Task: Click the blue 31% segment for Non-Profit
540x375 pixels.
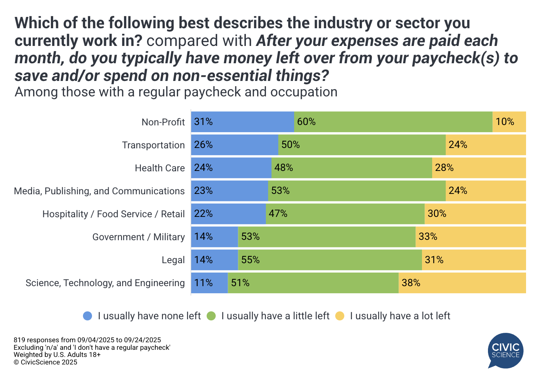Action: (x=242, y=122)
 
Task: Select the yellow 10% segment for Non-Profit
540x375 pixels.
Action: (x=509, y=122)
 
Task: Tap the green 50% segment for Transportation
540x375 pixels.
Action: (x=362, y=145)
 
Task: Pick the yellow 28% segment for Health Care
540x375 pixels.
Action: (x=479, y=168)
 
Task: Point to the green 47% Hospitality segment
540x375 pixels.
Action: (x=345, y=214)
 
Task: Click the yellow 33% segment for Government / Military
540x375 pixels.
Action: (x=470, y=237)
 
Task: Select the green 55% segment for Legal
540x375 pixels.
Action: (x=330, y=260)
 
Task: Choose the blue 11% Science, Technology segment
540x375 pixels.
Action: (x=209, y=283)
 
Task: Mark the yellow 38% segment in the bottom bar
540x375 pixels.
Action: (x=462, y=283)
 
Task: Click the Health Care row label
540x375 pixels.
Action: (x=160, y=168)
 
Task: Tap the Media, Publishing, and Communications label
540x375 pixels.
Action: (x=99, y=191)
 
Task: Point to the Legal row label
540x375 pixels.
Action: (x=173, y=260)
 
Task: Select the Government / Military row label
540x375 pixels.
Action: (x=138, y=237)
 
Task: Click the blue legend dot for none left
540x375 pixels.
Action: (x=87, y=316)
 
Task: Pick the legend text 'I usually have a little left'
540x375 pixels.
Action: (x=275, y=316)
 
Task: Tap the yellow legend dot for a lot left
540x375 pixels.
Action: (x=340, y=316)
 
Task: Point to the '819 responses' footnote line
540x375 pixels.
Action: (x=87, y=340)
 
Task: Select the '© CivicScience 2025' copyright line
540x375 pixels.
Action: (x=45, y=362)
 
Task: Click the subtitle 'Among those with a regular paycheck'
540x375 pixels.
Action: (x=176, y=92)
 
